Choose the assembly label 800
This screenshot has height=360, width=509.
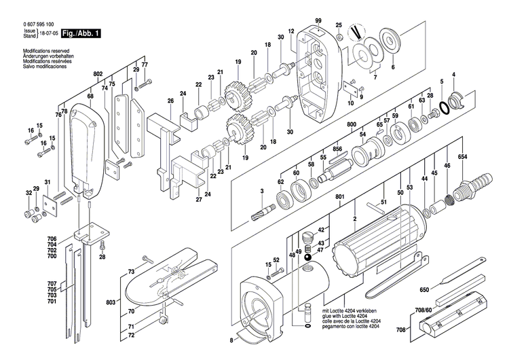click(x=351, y=126)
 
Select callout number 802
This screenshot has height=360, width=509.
click(x=97, y=73)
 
